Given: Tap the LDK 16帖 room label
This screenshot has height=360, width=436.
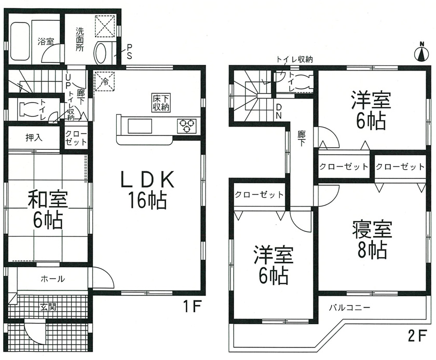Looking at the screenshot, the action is pos(147,189).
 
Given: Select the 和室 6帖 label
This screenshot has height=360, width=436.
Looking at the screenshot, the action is pos(48,211).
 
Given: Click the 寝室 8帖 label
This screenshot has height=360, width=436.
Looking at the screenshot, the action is pos(372,239).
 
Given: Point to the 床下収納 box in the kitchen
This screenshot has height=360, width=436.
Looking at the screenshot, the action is pos(161,103).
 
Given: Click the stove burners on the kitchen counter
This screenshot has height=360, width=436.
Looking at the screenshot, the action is pos(186,126).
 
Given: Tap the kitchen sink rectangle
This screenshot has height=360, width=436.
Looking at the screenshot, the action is pos(140,126).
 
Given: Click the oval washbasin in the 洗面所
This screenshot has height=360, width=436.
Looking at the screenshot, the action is pos(100,52).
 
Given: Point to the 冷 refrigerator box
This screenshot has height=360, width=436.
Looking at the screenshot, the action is pos(105,81).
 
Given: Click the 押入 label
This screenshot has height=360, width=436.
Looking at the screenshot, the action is pos(34,137).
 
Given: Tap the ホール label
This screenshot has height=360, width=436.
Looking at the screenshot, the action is pos(52,279).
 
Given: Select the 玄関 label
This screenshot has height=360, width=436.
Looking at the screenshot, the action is pos(48,307).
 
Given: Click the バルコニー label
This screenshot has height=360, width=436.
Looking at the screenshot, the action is pos(350,308).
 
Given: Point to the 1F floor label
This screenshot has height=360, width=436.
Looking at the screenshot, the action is pos(192,307).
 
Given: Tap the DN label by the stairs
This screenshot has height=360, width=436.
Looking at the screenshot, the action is pos(279,111).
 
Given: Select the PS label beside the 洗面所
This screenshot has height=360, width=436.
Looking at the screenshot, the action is pos(129,51).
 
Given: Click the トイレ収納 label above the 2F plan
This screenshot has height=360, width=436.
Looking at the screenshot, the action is pos(294,59).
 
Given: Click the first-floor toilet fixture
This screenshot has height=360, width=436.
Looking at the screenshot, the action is pos(28,109).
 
